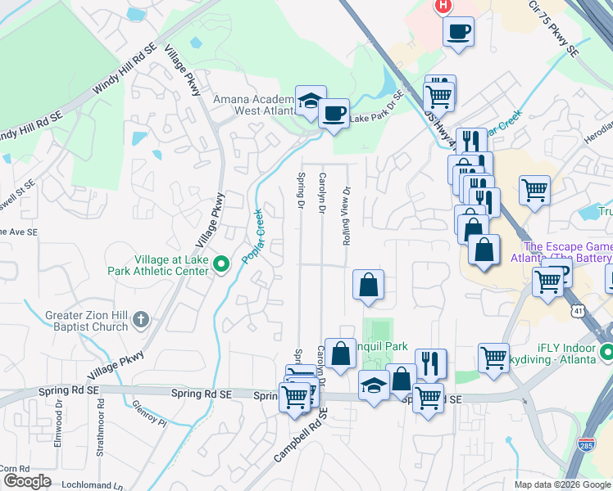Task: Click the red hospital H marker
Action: tap(443, 6)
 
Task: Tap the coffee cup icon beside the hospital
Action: tap(458, 32)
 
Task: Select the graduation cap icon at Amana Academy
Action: tap(311, 101)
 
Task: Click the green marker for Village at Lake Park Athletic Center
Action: tap(220, 264)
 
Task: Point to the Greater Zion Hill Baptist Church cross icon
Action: tap(141, 318)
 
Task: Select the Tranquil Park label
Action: tap(378, 346)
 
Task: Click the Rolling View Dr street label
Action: tap(347, 215)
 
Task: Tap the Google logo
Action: tap(27, 481)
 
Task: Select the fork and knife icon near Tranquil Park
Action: tap(430, 362)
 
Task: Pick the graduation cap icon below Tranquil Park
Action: tap(374, 384)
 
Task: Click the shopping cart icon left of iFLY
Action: tap(493, 357)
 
